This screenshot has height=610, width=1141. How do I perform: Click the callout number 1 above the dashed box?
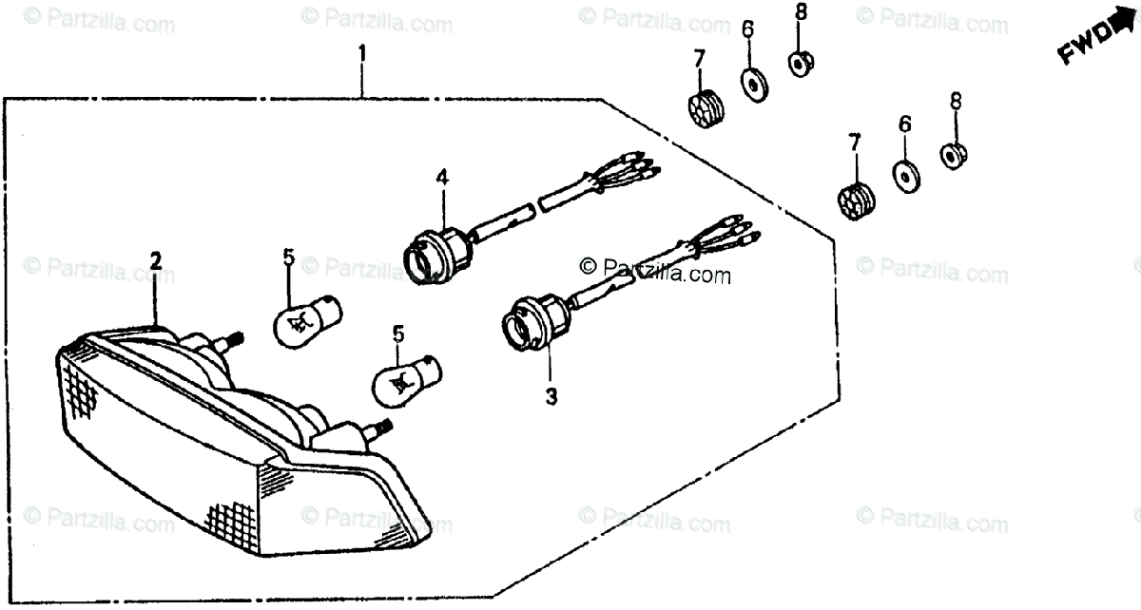[361, 56]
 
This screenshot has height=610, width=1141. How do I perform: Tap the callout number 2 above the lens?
[155, 260]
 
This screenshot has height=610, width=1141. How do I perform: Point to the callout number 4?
[441, 177]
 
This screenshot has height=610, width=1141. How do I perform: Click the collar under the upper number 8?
[800, 64]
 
